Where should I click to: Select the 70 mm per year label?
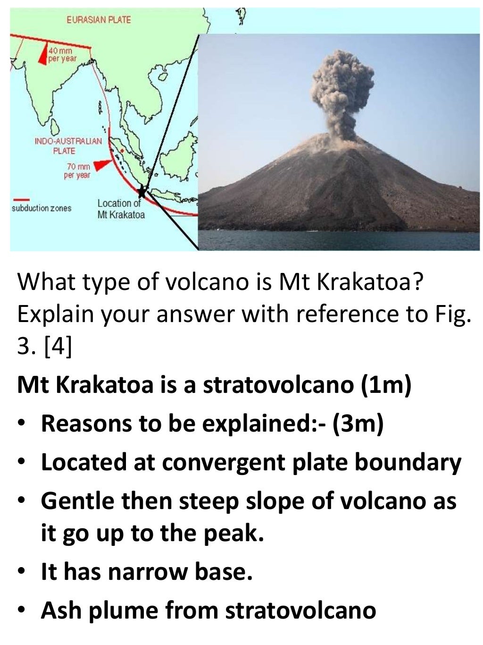pos(77,170)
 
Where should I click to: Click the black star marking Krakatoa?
pos(142,192)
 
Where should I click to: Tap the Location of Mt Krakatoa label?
pos(121,209)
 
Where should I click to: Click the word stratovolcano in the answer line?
pos(278,385)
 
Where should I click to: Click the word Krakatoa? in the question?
pos(370,282)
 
